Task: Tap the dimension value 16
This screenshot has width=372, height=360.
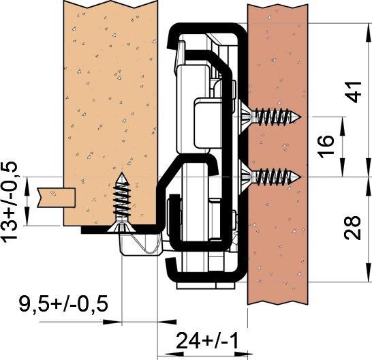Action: (326, 147)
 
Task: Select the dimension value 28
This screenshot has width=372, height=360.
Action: (353, 228)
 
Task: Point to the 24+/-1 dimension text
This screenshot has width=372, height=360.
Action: (207, 341)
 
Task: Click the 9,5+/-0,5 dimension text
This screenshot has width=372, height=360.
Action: (63, 303)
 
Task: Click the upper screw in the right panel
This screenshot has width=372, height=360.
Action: (271, 117)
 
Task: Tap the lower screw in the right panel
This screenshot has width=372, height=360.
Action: (271, 177)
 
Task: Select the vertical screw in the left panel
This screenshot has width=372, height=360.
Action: (122, 202)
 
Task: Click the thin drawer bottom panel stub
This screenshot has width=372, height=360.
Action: (57, 197)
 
